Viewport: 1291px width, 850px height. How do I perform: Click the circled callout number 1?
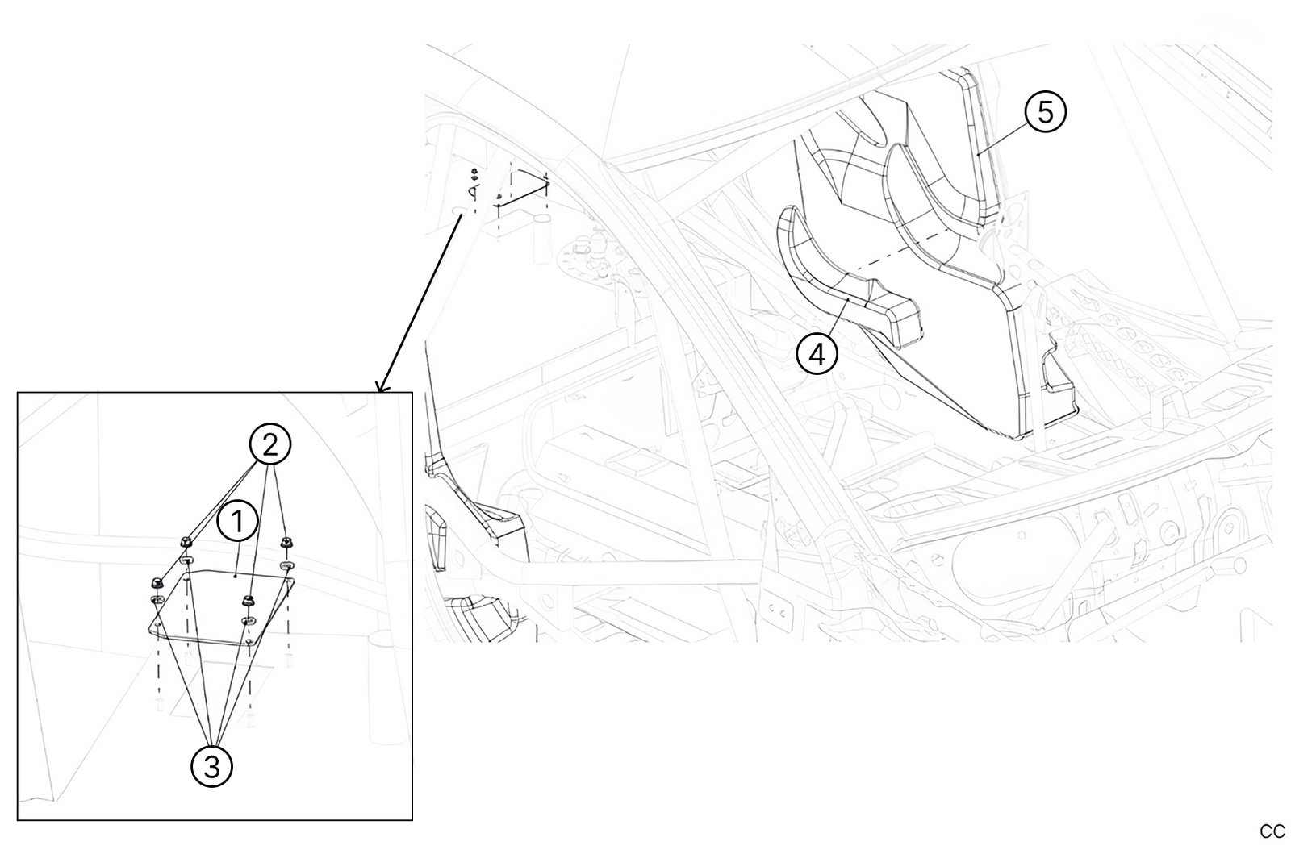tap(238, 522)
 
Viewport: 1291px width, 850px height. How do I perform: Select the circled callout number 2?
tap(269, 444)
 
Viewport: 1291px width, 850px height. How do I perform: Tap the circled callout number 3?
tap(211, 765)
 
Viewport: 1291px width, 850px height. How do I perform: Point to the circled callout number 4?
tap(817, 353)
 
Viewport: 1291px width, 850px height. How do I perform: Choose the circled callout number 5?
tap(1046, 111)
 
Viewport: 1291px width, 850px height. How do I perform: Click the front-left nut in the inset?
tap(157, 582)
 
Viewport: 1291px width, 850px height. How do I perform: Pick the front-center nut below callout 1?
tap(249, 599)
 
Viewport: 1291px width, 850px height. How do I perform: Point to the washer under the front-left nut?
tap(157, 600)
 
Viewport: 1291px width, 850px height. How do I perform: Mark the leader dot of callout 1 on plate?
tap(235, 576)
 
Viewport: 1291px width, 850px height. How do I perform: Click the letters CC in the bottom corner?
tap(1272, 831)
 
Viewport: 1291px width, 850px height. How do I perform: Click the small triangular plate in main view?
tap(523, 187)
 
